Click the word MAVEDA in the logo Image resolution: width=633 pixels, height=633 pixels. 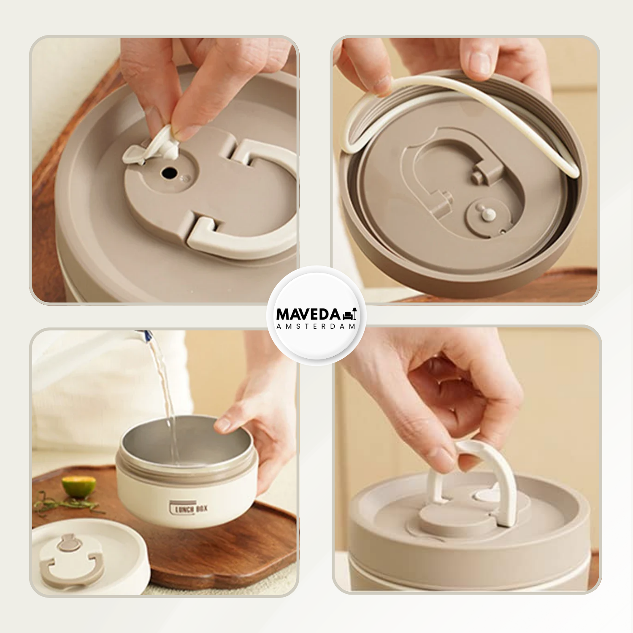coord(308,314)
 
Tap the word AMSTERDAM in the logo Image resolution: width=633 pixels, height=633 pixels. coord(316,326)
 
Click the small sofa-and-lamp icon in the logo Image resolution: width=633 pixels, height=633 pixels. coord(350,314)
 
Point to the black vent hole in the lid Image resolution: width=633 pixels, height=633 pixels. coord(169,172)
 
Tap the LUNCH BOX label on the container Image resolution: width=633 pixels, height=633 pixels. coord(189,508)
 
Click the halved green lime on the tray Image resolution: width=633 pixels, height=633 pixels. coord(78,486)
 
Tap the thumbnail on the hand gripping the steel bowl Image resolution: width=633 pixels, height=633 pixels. coord(222,424)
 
